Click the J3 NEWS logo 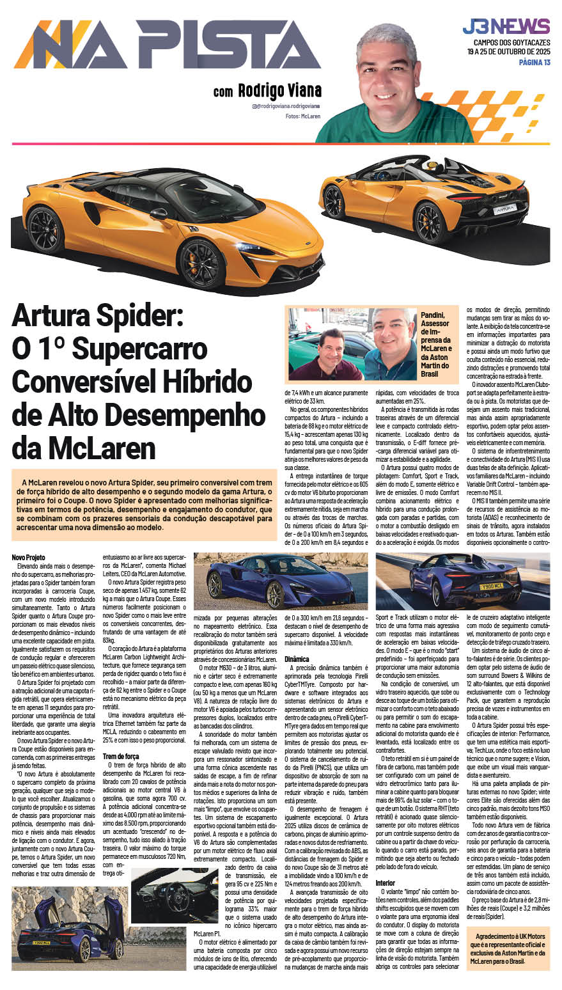point(506,26)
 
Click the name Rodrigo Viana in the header point(279,90)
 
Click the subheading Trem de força point(121,756)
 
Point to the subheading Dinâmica point(297,658)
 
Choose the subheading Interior point(385,883)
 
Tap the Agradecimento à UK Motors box point(506,948)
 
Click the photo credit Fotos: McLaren point(302,116)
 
